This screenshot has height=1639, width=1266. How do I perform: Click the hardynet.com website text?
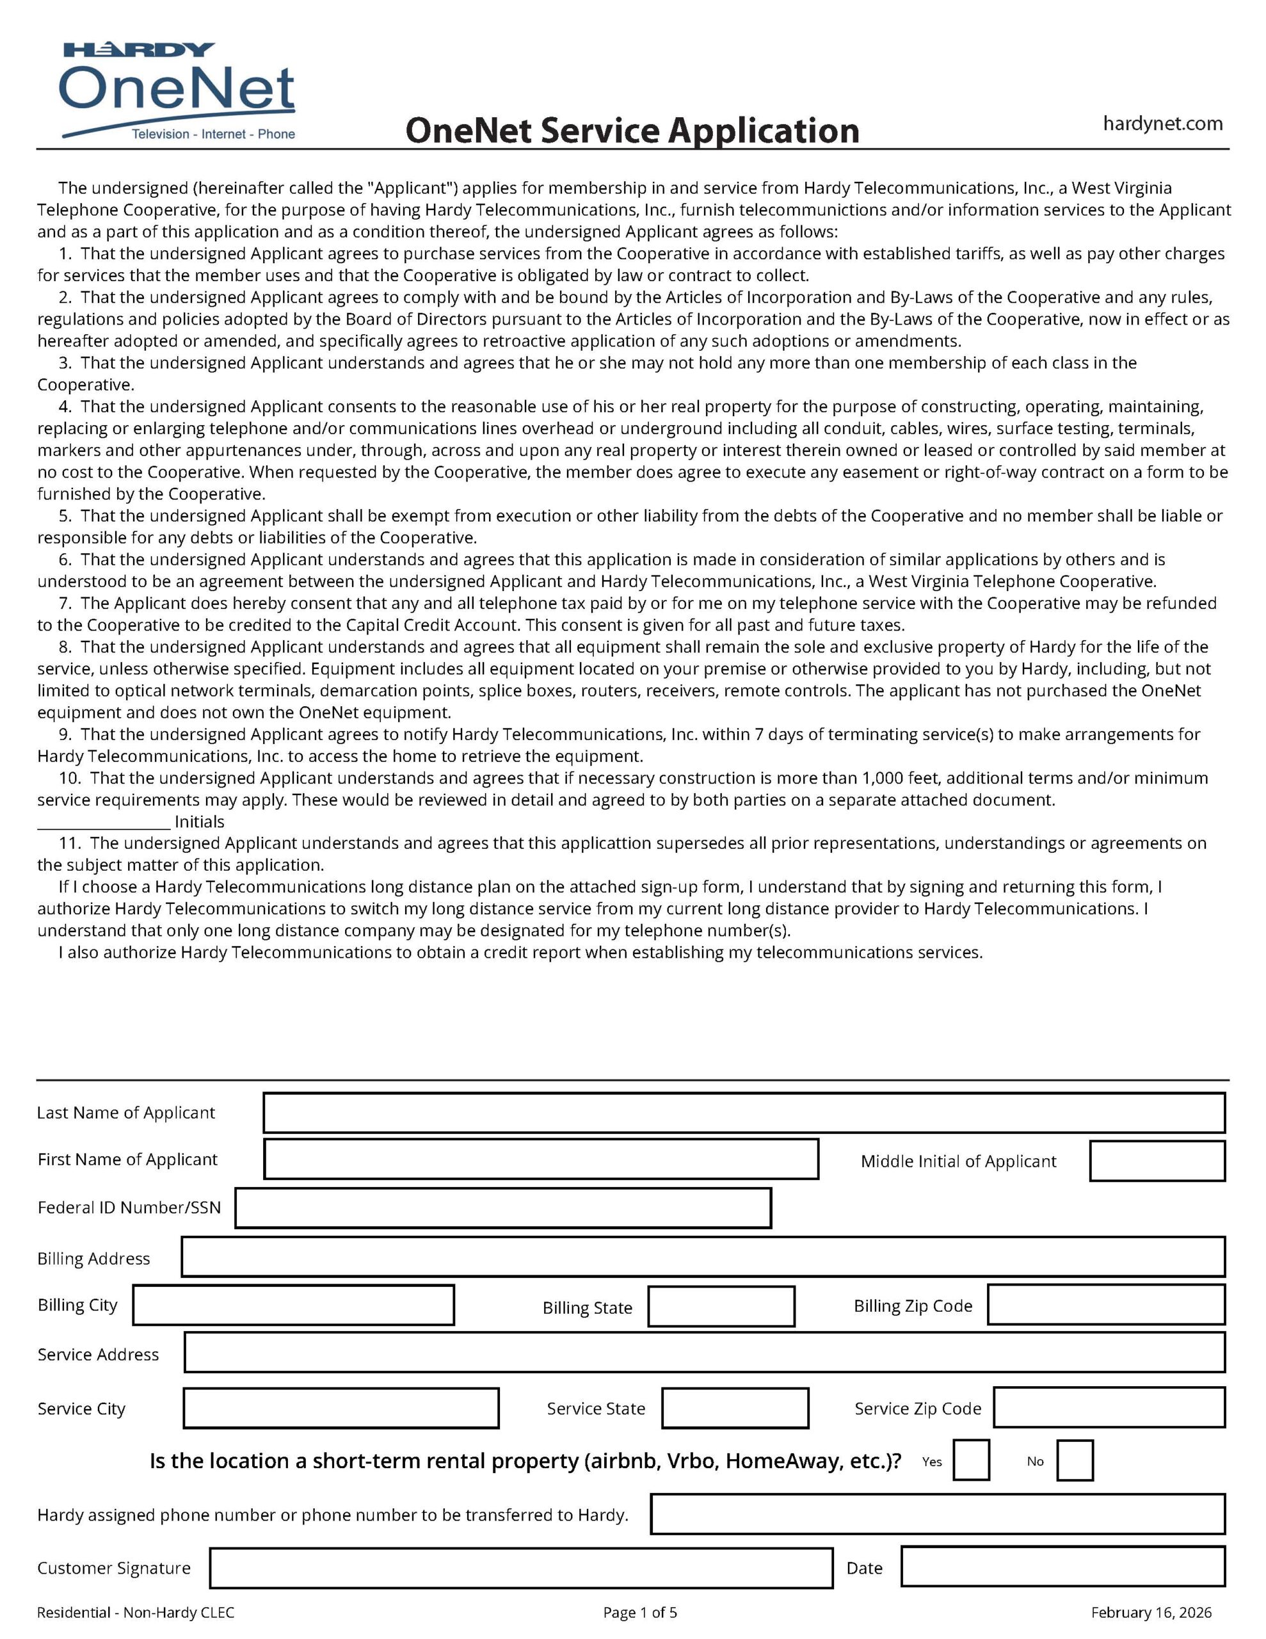tap(1162, 124)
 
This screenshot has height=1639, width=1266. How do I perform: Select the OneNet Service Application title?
tap(632, 131)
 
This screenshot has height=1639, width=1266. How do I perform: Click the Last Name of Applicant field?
tap(743, 1112)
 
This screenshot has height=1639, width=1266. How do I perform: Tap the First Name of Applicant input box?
tap(540, 1159)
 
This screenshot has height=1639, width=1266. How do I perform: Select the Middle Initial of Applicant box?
tap(1157, 1161)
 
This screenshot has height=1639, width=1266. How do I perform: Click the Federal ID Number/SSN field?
tap(503, 1207)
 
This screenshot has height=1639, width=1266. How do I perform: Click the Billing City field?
tap(293, 1305)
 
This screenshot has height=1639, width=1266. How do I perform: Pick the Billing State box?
tap(721, 1307)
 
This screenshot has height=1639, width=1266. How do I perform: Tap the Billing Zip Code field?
tap(1105, 1305)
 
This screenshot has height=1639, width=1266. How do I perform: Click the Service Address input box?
tap(704, 1352)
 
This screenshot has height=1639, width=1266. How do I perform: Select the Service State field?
tap(735, 1408)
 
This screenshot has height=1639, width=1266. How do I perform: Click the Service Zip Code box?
tap(1109, 1408)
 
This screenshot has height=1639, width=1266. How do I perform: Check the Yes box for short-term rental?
tap(970, 1460)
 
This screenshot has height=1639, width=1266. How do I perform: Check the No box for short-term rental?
tap(1074, 1460)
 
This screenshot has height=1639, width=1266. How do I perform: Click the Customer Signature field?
tap(521, 1568)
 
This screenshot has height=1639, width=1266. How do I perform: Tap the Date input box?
tap(1062, 1566)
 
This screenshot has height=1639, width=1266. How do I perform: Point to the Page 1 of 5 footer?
tap(639, 1613)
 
